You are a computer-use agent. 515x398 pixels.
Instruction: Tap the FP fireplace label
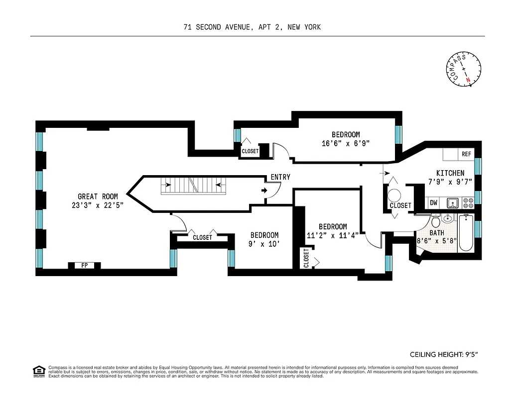tap(84, 265)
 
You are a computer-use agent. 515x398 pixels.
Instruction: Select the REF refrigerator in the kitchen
tap(466, 154)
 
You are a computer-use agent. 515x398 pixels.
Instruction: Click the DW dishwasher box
tap(433, 202)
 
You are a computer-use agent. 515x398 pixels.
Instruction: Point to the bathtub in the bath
tap(466, 233)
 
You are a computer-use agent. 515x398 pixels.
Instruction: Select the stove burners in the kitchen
tap(468, 203)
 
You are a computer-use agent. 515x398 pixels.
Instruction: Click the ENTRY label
tap(280, 177)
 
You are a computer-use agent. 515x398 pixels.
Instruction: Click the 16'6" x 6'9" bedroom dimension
tap(346, 143)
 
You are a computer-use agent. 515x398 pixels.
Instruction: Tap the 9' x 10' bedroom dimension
tap(264, 244)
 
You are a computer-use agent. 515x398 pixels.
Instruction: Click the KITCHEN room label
tap(450, 173)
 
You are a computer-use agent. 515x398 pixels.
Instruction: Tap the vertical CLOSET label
tap(306, 258)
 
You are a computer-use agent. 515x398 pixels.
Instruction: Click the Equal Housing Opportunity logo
tap(38, 371)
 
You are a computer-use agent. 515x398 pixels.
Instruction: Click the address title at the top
tap(252, 27)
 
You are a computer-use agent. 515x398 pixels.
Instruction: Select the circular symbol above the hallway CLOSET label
tap(394, 195)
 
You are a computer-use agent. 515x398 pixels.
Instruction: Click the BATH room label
tap(437, 233)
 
